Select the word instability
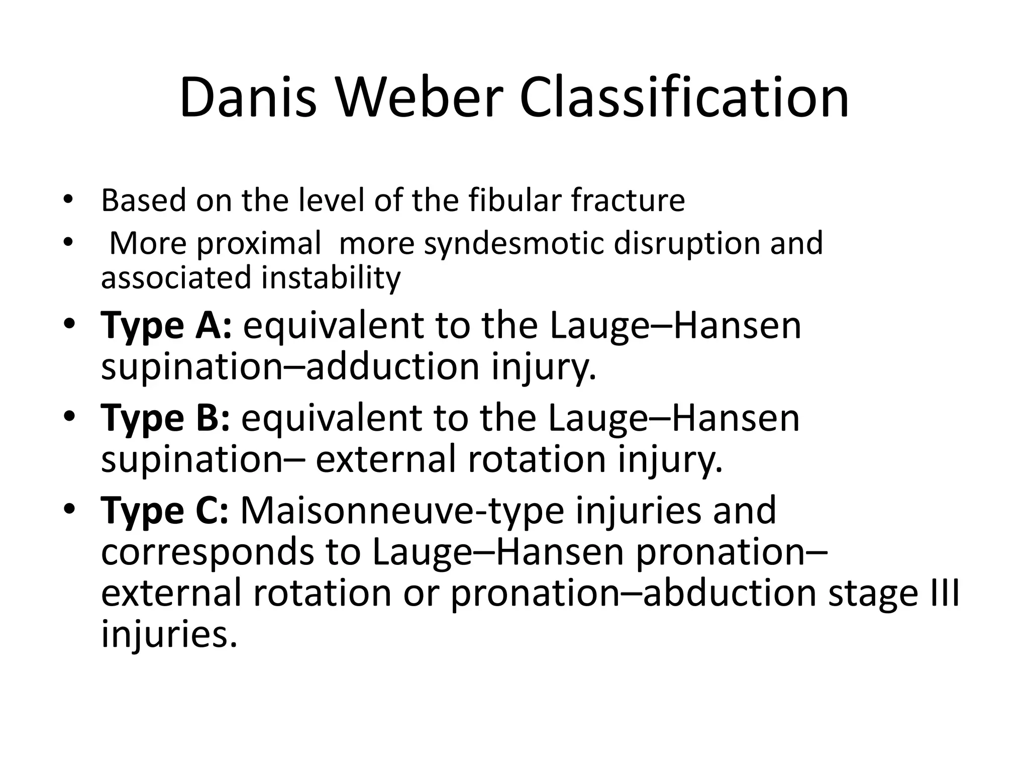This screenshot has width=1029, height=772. pos(331,278)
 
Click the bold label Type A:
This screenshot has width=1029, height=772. pos(166,326)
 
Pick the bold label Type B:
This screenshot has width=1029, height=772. pos(165,418)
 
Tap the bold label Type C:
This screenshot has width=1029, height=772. pos(165,511)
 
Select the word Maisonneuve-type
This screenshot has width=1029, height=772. pos(402,511)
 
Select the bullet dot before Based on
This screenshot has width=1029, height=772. pos(69,200)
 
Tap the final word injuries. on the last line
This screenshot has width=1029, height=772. pos(169,635)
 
